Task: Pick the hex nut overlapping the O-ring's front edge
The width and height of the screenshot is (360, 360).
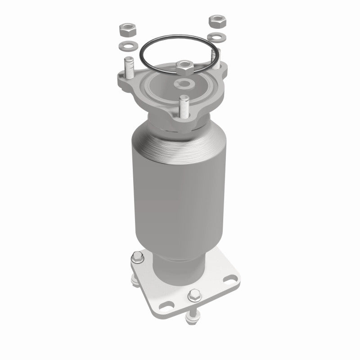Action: [x=185, y=67]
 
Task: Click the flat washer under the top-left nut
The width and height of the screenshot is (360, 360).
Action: [x=126, y=45]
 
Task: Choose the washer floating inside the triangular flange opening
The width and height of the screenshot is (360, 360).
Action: [x=184, y=83]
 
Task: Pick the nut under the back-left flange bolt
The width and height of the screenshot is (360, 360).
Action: [x=136, y=281]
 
